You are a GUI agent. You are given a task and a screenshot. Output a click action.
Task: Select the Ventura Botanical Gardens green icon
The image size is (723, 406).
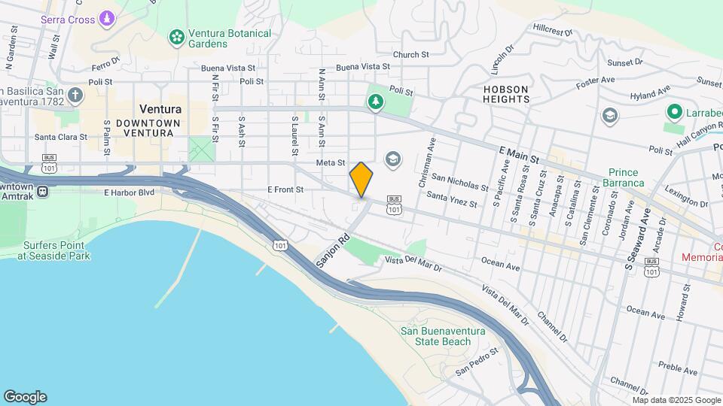[177, 36]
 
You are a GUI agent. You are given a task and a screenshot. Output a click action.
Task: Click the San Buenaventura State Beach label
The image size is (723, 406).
[435, 336]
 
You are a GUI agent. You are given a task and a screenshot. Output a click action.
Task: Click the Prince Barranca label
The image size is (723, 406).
[627, 177]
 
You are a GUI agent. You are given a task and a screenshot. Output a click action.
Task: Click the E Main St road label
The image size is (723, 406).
[520, 156]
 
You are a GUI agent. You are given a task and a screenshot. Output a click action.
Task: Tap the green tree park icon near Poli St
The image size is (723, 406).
[375, 101]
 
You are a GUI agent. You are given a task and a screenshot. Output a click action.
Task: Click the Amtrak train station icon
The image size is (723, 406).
[43, 191]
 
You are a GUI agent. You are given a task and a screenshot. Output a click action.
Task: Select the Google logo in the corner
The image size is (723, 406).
[25, 397]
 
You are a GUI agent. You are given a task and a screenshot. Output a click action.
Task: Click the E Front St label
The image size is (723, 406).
[285, 190]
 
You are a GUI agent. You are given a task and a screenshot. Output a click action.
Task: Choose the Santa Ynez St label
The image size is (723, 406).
[452, 199]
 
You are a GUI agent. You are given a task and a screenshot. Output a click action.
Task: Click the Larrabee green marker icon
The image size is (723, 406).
[674, 113]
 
